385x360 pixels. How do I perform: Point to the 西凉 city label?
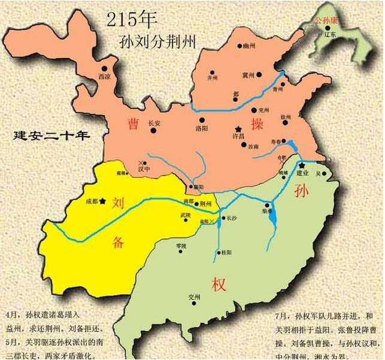[x=104, y=77]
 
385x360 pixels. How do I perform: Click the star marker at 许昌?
[x=238, y=129]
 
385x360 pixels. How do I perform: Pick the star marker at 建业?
[x=302, y=165]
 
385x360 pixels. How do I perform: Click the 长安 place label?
[x=154, y=123]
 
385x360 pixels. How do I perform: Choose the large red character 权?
[x=218, y=284]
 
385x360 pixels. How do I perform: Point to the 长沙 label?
[x=232, y=219]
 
